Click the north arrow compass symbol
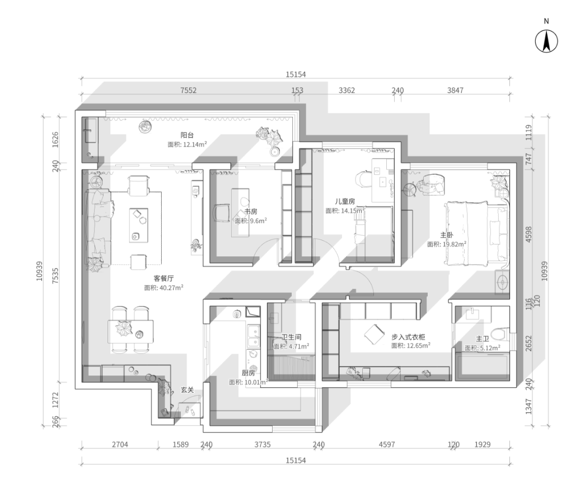click(x=546, y=41)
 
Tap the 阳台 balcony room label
click(x=187, y=135)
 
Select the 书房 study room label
click(x=251, y=212)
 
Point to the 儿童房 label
click(x=345, y=201)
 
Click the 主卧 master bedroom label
click(x=447, y=235)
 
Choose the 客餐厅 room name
click(x=163, y=278)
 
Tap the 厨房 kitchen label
click(x=248, y=373)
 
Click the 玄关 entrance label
click(x=187, y=390)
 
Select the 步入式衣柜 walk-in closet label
click(x=408, y=337)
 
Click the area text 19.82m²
click(x=455, y=245)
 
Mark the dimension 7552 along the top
click(x=188, y=90)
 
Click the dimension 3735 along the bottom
click(x=263, y=444)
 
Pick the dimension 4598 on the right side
click(x=528, y=234)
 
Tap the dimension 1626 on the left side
click(x=55, y=139)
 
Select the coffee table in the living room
click(x=139, y=226)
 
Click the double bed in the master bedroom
click(x=476, y=233)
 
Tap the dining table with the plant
click(x=130, y=331)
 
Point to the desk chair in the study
click(x=221, y=213)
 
